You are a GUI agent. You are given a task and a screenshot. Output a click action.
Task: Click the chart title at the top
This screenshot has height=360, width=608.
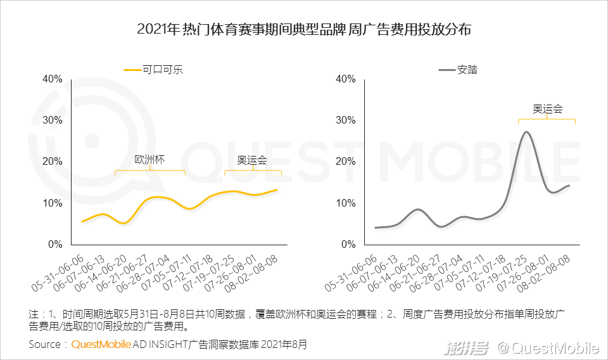coord(305,30)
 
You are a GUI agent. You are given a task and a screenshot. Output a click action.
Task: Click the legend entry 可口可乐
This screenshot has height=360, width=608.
coord(162,70)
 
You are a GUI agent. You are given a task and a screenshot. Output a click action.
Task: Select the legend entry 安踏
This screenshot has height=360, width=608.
coord(467,70)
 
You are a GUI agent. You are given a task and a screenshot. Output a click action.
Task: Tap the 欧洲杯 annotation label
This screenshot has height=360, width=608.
coord(150,160)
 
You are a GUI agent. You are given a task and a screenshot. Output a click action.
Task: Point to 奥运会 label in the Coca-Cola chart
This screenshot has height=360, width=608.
coord(252,160)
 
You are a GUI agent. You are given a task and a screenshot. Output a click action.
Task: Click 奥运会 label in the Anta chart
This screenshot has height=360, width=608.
coord(547,108)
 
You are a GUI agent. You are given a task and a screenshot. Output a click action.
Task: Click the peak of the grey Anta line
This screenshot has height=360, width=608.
coord(526,132)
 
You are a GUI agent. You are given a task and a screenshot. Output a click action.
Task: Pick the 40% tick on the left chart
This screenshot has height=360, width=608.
coord(52,79)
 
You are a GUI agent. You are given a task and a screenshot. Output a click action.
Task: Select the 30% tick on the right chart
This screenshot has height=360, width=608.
coord(345,120)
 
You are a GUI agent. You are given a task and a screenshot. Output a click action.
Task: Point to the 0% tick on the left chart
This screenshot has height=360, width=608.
coord(55,244)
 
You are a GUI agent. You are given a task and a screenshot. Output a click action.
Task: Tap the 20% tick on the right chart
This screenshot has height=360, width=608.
coord(345,161)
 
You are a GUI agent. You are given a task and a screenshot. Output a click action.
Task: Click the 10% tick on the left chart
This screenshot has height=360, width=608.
coord(52,203)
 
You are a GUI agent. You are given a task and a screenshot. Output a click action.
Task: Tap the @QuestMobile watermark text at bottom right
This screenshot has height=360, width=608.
coord(548,347)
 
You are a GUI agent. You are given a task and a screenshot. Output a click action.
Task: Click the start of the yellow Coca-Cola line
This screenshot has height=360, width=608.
coord(82,221)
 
